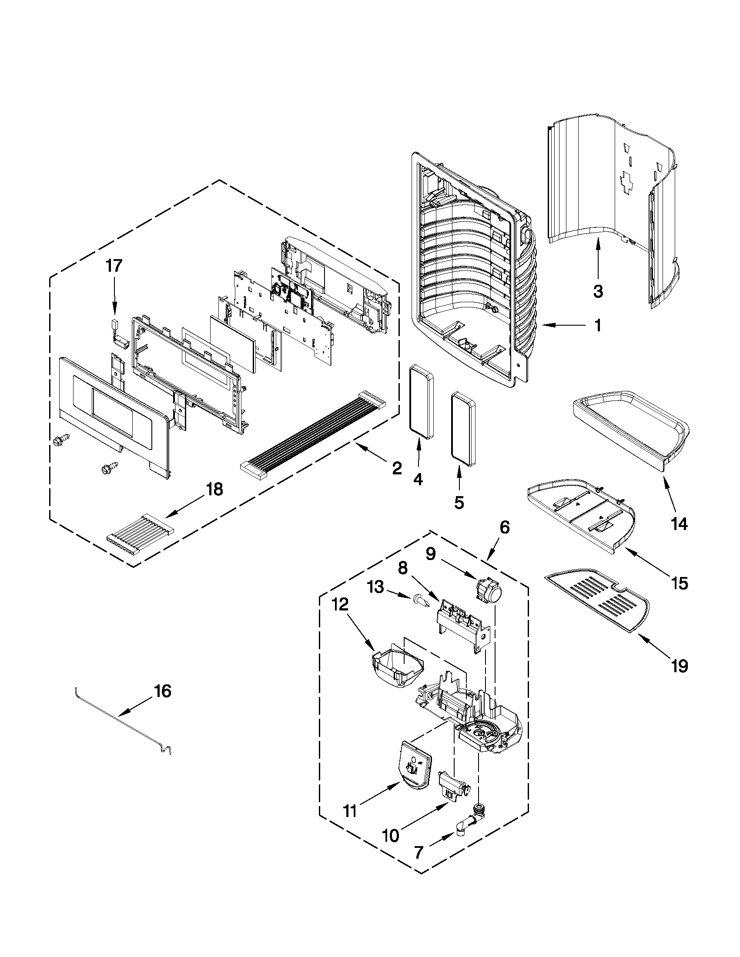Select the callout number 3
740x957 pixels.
click(598, 290)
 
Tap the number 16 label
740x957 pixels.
click(162, 691)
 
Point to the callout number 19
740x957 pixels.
click(680, 667)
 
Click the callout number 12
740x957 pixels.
click(340, 605)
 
